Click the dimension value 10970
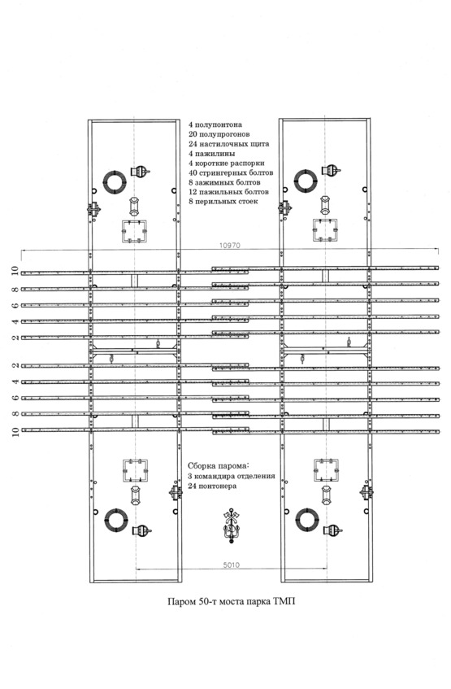point(230,246)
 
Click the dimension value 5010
point(231,565)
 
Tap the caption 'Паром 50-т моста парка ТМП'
point(231,601)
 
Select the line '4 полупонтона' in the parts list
point(215,124)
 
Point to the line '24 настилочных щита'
point(229,144)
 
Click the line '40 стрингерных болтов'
point(231,172)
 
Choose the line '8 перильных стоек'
point(223,202)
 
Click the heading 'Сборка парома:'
point(219,466)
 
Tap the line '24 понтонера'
point(212,486)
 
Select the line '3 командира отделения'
point(232,476)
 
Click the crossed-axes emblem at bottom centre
point(231,525)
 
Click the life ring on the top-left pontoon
point(115,172)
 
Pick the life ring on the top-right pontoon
point(306,172)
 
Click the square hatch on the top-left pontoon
point(123,231)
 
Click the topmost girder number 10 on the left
point(15,271)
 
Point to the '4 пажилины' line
point(211,154)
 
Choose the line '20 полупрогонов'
point(219,134)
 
